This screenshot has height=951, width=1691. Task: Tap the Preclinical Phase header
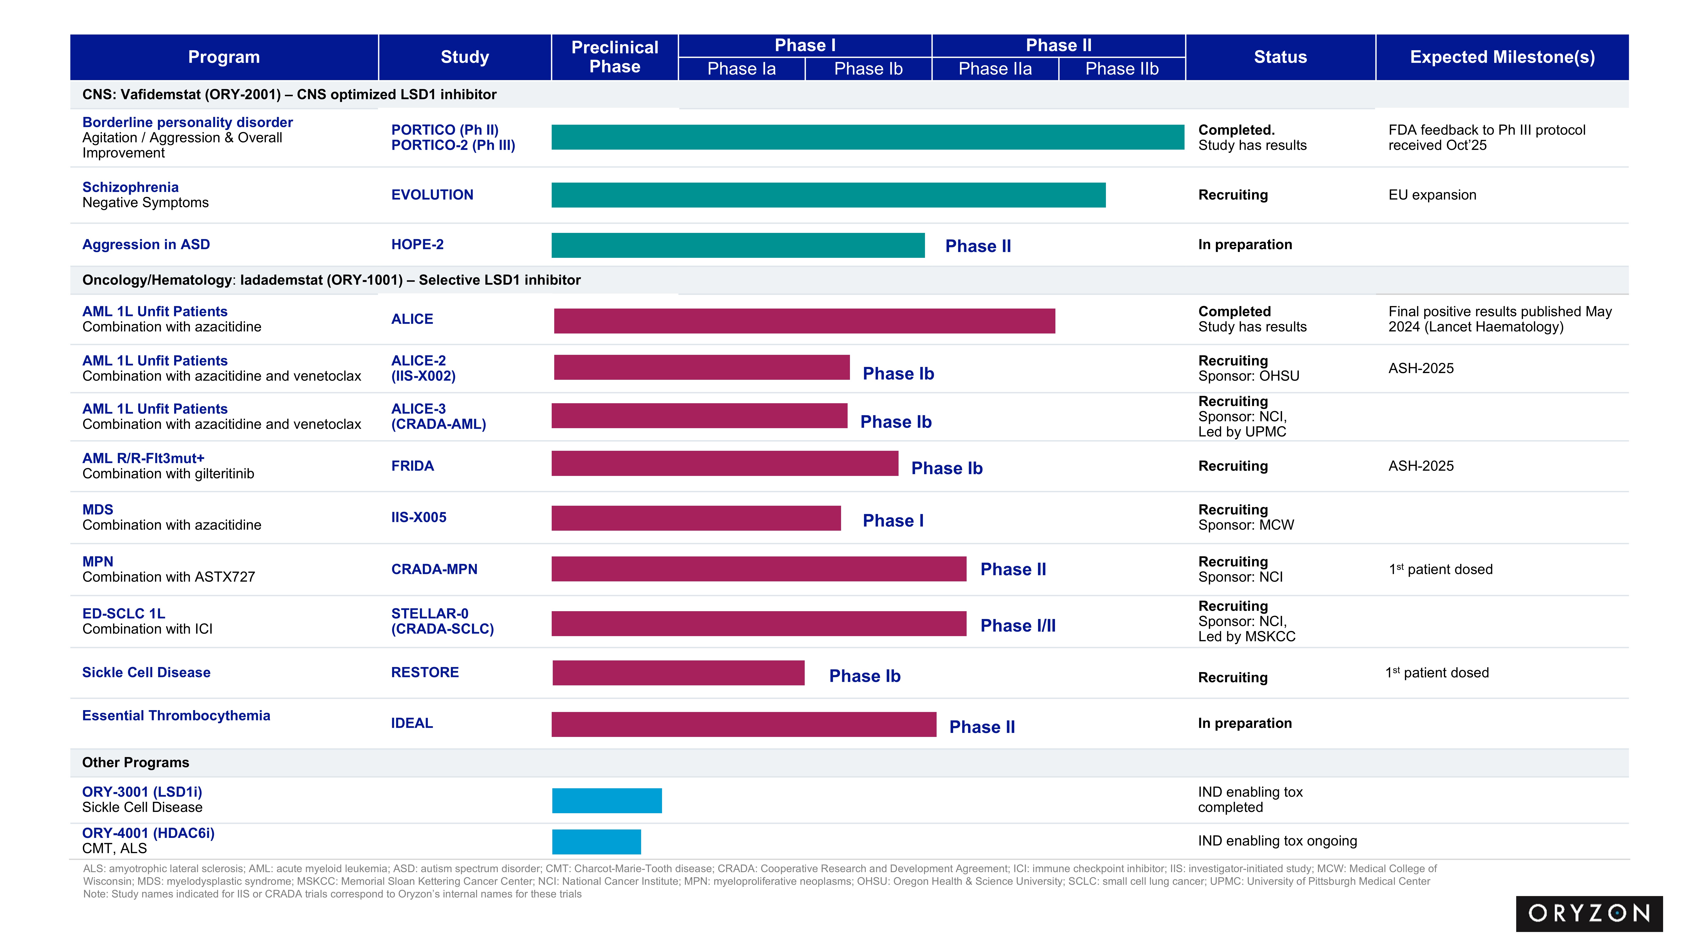pyautogui.click(x=614, y=57)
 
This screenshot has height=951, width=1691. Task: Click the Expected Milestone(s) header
pyautogui.click(x=1502, y=57)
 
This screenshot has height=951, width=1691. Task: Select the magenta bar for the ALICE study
pyautogui.click(x=804, y=321)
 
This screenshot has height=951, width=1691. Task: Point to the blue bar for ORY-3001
pyautogui.click(x=607, y=801)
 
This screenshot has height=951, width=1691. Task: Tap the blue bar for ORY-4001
pyautogui.click(x=596, y=841)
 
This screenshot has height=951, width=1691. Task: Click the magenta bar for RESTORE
pyautogui.click(x=678, y=673)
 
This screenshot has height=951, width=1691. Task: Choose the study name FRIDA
pyautogui.click(x=412, y=466)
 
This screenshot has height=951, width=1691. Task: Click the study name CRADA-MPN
pyautogui.click(x=434, y=569)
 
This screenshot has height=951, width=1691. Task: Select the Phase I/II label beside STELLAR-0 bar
pyautogui.click(x=1018, y=626)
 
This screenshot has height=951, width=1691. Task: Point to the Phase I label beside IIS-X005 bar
pyautogui.click(x=893, y=521)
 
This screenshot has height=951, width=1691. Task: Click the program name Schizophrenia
pyautogui.click(x=130, y=187)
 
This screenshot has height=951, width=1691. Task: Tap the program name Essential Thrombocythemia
pyautogui.click(x=176, y=715)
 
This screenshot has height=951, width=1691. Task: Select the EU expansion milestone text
pyautogui.click(x=1432, y=195)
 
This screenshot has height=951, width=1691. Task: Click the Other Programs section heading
pyautogui.click(x=135, y=762)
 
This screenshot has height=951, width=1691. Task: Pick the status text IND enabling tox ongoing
pyautogui.click(x=1277, y=841)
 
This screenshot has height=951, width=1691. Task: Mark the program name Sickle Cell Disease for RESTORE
pyautogui.click(x=146, y=672)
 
